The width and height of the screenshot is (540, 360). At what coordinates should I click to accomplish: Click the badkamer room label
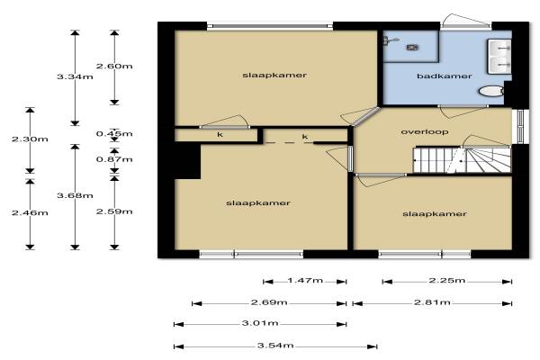(445, 76)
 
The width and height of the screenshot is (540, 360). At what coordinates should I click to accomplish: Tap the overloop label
(425, 132)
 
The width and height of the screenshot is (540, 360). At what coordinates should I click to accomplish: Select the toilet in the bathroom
(491, 91)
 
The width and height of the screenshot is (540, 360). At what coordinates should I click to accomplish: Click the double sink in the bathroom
(499, 57)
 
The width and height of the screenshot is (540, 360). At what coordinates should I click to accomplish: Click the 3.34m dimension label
(75, 76)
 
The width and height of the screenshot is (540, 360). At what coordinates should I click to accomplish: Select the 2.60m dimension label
(114, 66)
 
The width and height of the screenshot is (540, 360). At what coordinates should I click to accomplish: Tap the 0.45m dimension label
(114, 134)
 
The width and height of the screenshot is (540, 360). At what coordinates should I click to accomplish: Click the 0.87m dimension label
(114, 159)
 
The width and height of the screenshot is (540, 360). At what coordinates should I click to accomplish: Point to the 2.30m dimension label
(30, 139)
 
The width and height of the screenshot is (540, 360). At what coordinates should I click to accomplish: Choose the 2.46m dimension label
(30, 213)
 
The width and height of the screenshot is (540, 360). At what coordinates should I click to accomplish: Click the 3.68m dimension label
(75, 195)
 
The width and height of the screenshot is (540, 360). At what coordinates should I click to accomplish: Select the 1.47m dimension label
(305, 281)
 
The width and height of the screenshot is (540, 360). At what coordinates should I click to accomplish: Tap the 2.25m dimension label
(447, 281)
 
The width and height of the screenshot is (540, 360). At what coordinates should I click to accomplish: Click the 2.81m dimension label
(432, 302)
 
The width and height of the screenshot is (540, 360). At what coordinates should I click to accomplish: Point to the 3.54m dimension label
(275, 346)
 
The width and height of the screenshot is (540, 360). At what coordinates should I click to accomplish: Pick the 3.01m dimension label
(260, 323)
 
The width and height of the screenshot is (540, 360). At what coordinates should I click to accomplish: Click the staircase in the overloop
(463, 160)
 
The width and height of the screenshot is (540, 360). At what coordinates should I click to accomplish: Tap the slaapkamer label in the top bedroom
(274, 75)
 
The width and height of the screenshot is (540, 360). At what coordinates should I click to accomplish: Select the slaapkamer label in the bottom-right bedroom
(435, 214)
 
